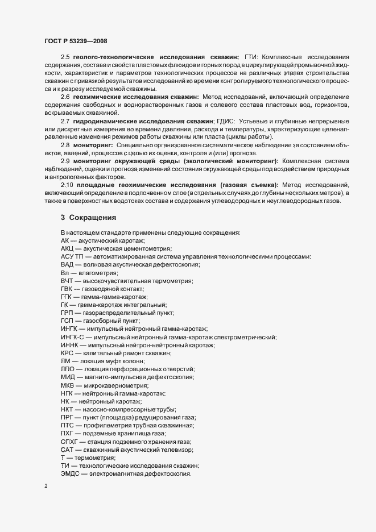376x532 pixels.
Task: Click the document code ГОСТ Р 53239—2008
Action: (75, 41)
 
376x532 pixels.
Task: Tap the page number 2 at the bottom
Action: (45, 486)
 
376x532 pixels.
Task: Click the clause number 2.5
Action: (65, 58)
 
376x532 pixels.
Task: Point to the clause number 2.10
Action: (67, 185)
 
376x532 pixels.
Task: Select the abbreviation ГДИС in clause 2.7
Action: (226, 122)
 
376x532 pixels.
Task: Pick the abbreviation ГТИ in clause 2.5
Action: (251, 58)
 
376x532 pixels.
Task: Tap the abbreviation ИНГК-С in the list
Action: (72, 337)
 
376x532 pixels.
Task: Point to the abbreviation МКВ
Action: (68, 385)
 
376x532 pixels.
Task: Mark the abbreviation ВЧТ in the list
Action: (67, 281)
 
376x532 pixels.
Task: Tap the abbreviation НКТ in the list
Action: (68, 409)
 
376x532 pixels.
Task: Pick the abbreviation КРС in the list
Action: (67, 353)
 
